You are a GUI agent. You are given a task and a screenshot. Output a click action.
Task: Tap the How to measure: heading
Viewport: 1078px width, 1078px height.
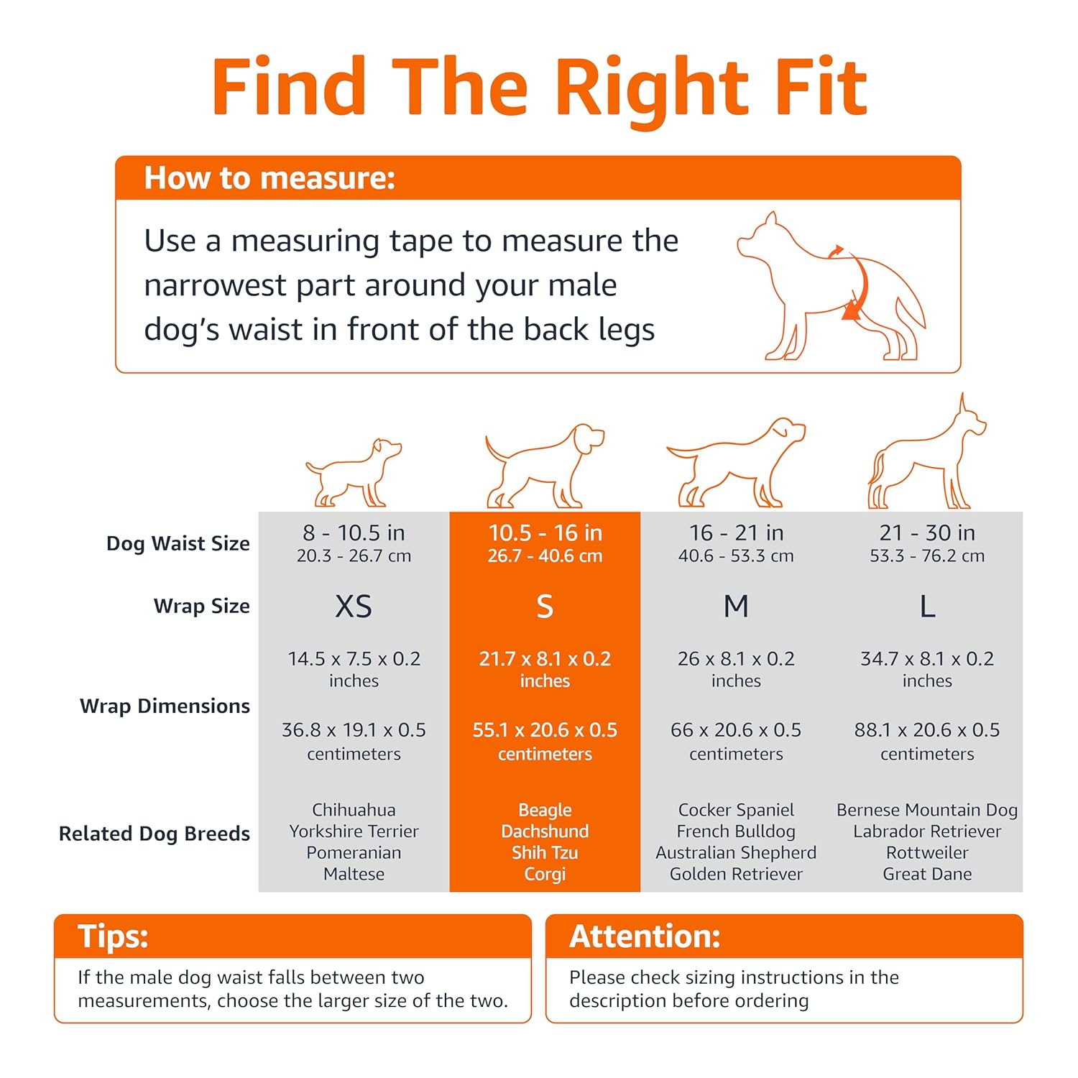tap(269, 178)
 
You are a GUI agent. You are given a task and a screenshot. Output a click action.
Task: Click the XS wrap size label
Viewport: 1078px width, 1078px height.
tap(354, 607)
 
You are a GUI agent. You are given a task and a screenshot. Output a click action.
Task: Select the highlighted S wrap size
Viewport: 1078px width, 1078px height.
tap(545, 607)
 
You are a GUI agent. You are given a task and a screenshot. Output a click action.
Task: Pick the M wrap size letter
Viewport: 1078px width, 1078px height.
tap(736, 607)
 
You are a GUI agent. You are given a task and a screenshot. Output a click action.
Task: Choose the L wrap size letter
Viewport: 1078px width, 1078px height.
tap(927, 607)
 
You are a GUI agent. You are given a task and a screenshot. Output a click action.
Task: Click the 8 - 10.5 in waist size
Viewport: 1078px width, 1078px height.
tap(354, 533)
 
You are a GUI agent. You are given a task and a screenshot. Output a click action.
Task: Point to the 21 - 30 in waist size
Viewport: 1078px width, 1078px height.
tap(927, 533)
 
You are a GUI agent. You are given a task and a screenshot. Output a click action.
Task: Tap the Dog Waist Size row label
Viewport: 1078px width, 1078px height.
tap(178, 543)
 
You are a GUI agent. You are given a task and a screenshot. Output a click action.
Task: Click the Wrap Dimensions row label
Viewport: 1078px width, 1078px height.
tap(165, 706)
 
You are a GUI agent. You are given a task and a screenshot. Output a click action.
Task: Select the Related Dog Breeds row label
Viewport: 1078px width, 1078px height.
tap(155, 834)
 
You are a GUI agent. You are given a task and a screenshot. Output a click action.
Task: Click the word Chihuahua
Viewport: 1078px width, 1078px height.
tap(354, 810)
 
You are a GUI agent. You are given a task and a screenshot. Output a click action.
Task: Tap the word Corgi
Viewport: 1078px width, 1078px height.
tap(545, 875)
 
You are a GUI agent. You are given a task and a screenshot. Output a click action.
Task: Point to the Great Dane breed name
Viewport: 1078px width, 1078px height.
tap(927, 874)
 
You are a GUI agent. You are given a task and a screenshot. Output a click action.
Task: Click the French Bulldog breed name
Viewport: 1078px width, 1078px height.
tap(736, 831)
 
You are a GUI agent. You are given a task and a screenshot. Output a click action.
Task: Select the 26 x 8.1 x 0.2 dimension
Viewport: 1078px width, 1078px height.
tap(736, 659)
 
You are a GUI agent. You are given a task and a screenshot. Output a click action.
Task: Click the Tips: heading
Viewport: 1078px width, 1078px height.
tap(113, 936)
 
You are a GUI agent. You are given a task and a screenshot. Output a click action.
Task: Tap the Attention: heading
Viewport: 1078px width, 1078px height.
tap(645, 936)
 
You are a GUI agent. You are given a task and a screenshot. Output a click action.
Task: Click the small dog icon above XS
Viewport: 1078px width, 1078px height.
tap(354, 473)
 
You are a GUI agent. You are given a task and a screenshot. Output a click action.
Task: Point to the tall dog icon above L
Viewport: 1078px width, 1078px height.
tap(927, 451)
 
